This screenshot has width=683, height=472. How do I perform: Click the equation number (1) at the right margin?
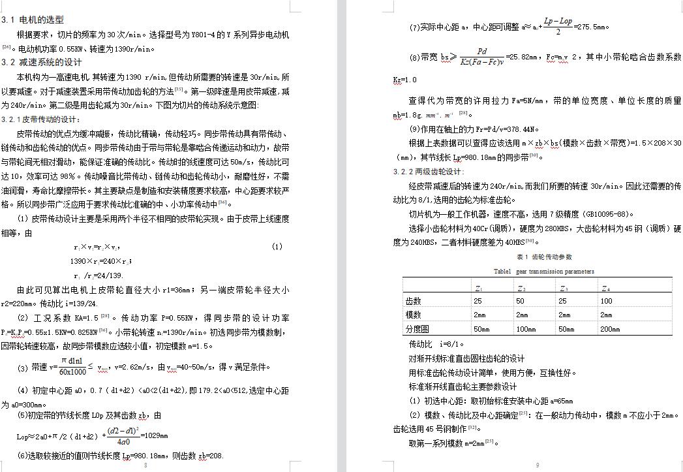tap(277, 247)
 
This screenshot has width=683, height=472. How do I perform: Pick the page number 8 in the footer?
tap(145, 465)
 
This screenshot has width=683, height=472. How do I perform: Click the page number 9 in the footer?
tap(538, 465)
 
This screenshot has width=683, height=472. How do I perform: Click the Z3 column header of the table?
tap(563, 288)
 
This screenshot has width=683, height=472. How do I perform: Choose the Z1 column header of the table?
tap(478, 288)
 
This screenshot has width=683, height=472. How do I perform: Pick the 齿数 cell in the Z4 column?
tap(607, 301)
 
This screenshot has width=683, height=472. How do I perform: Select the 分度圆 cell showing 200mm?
tap(610, 329)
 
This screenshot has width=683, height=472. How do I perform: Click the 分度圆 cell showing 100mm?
tap(526, 329)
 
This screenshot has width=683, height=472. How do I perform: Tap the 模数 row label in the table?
tap(414, 315)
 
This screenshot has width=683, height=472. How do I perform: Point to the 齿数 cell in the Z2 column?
tap(519, 301)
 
